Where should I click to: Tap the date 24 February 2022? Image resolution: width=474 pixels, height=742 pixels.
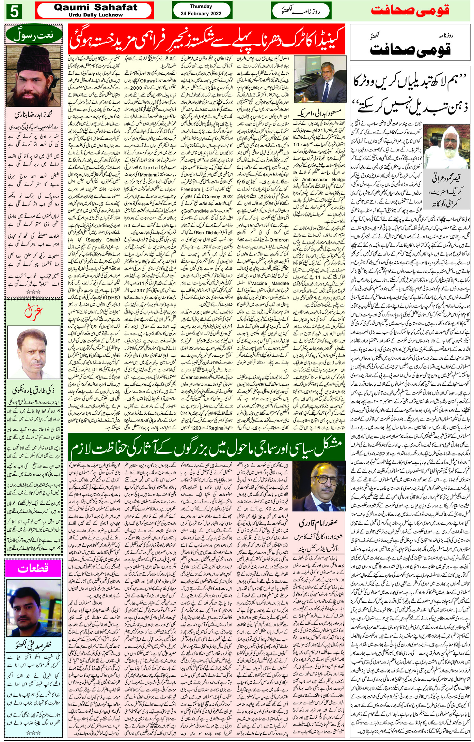coord(201,14)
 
